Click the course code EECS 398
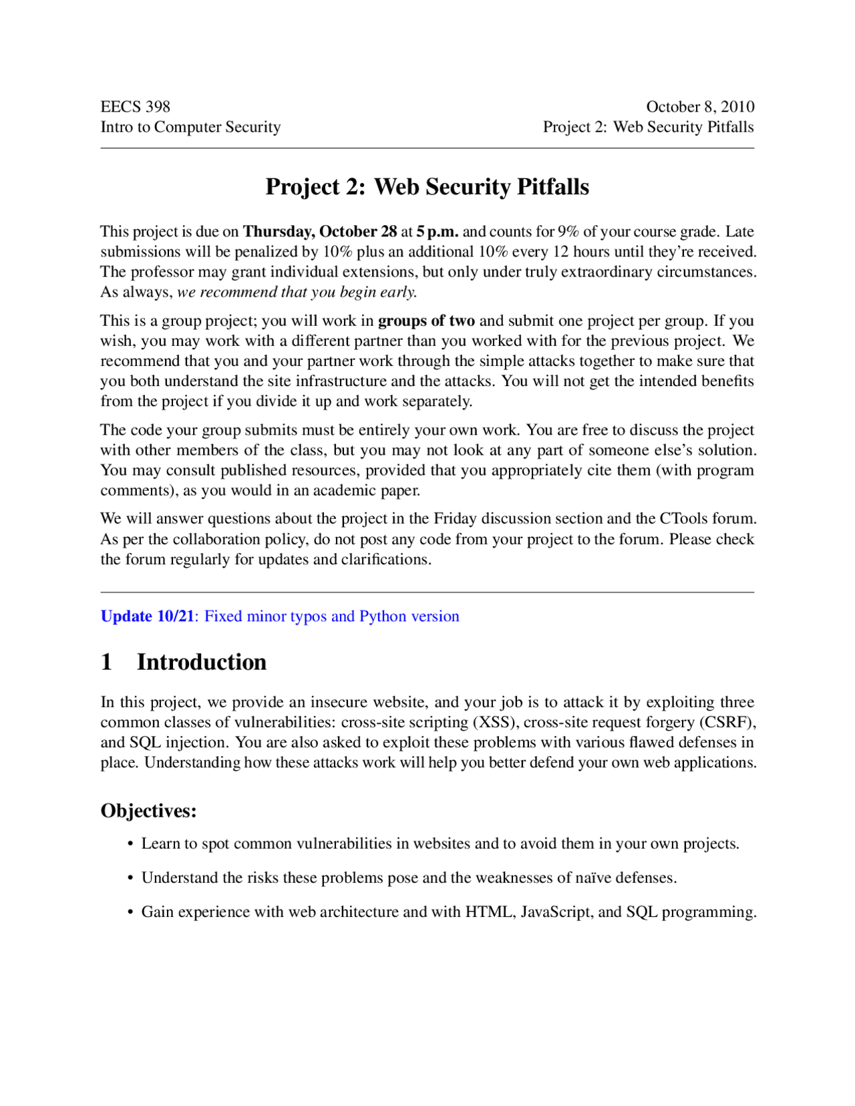(136, 107)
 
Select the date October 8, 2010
(699, 107)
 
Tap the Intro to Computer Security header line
(190, 127)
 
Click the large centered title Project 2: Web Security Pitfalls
(427, 187)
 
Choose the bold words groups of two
(426, 321)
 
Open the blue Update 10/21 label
(147, 616)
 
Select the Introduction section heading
(202, 662)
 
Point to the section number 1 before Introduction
(106, 662)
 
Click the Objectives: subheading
(148, 811)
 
